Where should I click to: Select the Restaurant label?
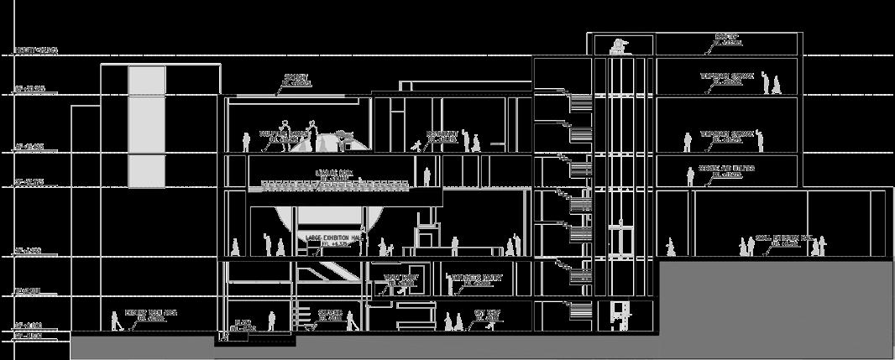442,136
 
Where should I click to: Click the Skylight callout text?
295,80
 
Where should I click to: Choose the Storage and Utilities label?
726,170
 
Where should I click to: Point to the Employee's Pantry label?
469,279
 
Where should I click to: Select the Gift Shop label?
487,315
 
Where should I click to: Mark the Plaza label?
244,326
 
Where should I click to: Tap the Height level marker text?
35,51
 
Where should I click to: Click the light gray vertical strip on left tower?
146,126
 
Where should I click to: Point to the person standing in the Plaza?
271,321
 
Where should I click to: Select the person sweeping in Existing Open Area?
115,321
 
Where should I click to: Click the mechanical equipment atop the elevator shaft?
620,45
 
